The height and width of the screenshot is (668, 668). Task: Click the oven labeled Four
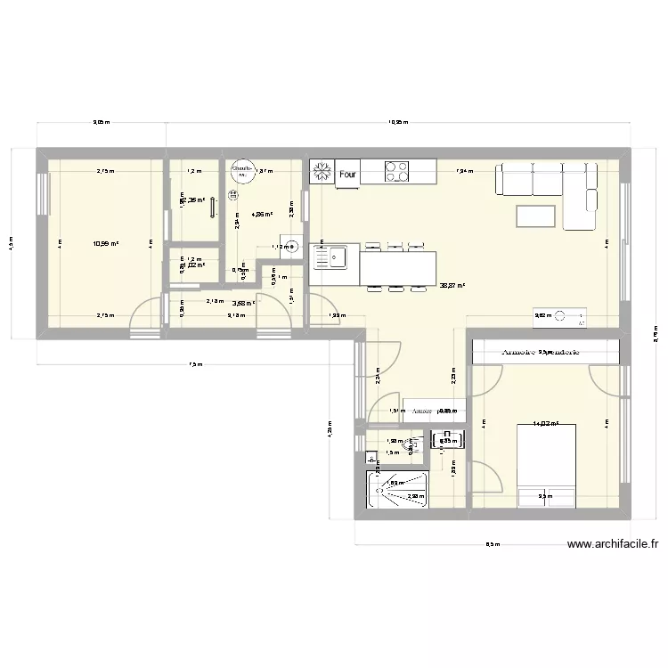point(347,175)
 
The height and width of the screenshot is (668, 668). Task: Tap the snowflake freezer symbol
point(321,172)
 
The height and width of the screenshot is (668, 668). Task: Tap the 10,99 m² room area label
point(106,242)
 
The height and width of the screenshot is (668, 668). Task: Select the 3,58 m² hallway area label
point(243,303)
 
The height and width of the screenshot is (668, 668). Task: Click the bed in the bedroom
point(547,466)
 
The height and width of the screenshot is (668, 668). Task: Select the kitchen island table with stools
point(398,267)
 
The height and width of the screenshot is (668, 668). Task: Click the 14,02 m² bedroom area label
point(544,424)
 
